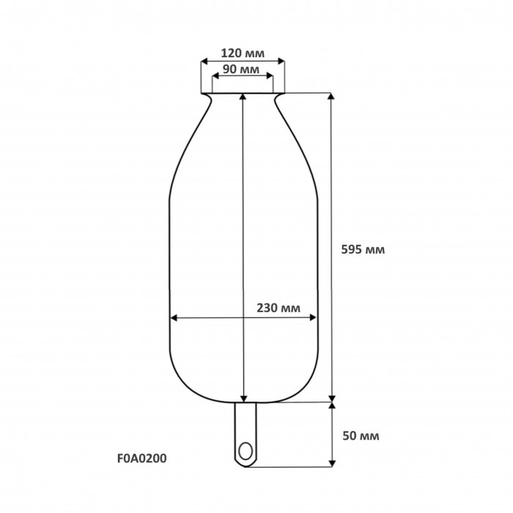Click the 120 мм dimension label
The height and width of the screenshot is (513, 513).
243,53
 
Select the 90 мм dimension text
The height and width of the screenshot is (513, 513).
241,69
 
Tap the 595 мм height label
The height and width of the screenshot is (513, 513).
363,250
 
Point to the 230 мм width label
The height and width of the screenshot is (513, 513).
278,308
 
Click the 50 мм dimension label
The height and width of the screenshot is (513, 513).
361,436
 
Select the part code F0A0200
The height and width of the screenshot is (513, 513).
141,458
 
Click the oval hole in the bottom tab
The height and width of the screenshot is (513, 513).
246,451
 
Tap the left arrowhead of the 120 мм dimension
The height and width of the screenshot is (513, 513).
204,61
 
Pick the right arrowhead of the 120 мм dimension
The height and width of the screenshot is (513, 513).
281,61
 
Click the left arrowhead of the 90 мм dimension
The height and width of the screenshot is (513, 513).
215,76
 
